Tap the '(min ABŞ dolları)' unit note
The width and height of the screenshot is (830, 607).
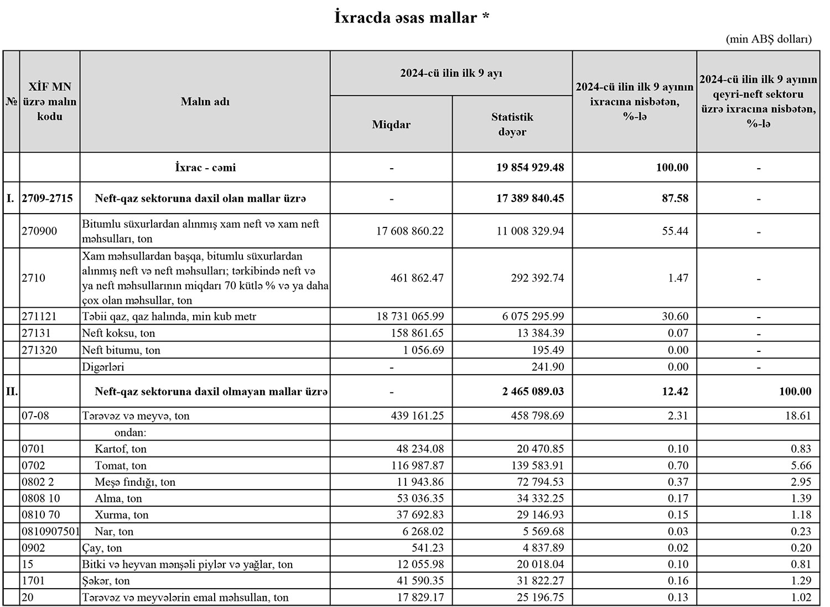pyautogui.click(x=769, y=39)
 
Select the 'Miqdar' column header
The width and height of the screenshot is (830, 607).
pyautogui.click(x=391, y=124)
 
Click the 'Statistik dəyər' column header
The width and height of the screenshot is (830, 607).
pyautogui.click(x=512, y=124)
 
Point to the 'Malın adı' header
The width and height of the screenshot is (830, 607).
pyautogui.click(x=205, y=102)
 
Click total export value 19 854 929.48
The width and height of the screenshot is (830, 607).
pyautogui.click(x=530, y=167)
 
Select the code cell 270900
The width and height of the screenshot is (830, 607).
pyautogui.click(x=39, y=231)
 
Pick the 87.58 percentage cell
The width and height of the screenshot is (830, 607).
pyautogui.click(x=675, y=198)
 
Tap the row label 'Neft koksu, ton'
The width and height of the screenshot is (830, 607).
pyautogui.click(x=118, y=333)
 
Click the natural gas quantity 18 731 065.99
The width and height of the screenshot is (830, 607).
pyautogui.click(x=409, y=317)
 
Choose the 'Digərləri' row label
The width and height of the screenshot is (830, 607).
pyautogui.click(x=103, y=367)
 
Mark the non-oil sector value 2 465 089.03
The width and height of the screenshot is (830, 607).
pyautogui.click(x=533, y=391)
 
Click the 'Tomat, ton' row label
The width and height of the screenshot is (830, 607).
pyautogui.click(x=121, y=465)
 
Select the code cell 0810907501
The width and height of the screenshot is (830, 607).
pyautogui.click(x=50, y=531)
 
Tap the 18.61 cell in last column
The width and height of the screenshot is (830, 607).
pyautogui.click(x=797, y=416)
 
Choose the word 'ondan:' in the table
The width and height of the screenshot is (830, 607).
pyautogui.click(x=130, y=432)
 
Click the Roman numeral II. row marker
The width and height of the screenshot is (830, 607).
pyautogui.click(x=12, y=391)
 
